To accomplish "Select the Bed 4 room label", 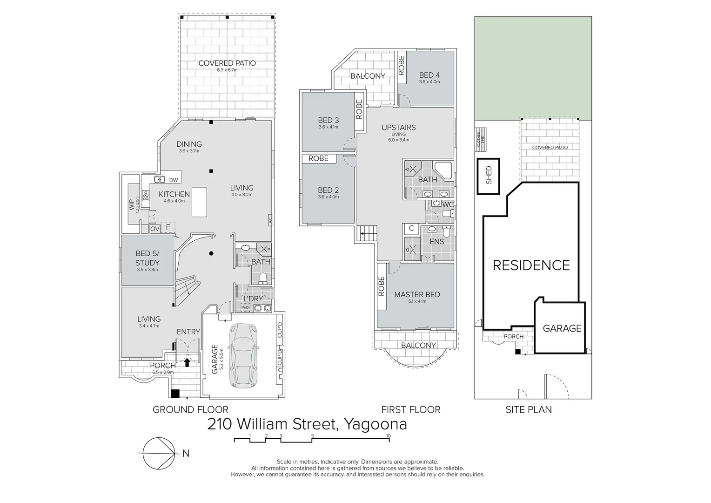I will [x=429, y=75].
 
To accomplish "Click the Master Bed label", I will [x=416, y=295].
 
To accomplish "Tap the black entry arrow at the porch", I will [x=187, y=361].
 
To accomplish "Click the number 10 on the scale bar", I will [x=388, y=436].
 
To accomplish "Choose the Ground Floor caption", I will [x=190, y=410].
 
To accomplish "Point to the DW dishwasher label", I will [x=173, y=180].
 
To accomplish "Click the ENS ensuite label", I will [x=436, y=242].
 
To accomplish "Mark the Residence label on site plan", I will [x=531, y=265].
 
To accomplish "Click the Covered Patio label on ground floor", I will [x=227, y=63].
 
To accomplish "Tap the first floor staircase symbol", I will [x=367, y=232].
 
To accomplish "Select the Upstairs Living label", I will [x=398, y=128].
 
